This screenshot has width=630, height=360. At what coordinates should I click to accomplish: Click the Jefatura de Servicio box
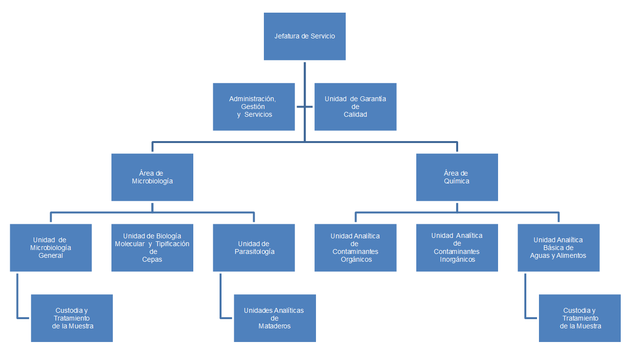[x=304, y=36]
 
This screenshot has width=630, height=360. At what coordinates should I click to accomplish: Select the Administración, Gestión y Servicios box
[x=254, y=107]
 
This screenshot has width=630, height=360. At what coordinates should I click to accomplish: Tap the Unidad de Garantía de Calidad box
[x=355, y=107]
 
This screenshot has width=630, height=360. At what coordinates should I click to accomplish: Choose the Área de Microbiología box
[x=152, y=177]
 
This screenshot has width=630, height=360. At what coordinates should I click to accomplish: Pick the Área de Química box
[x=457, y=177]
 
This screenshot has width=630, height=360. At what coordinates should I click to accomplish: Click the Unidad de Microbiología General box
[x=51, y=248]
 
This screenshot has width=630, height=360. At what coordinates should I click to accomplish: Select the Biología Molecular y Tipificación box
[x=152, y=248]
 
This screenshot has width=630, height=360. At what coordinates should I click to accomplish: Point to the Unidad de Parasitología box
[x=254, y=248]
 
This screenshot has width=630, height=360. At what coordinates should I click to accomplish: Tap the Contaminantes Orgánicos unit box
[x=355, y=248]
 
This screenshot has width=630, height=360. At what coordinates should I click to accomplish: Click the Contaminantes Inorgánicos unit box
[x=457, y=248]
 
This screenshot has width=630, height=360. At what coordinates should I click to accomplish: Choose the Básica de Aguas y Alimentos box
[x=558, y=248]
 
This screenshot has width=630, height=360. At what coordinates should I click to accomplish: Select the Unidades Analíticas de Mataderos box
[x=275, y=318]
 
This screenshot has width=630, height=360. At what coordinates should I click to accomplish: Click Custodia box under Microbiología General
[x=72, y=318]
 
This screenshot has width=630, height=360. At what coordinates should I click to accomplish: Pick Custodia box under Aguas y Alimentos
[x=580, y=318]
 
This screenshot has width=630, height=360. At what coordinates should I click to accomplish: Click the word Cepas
[x=152, y=260]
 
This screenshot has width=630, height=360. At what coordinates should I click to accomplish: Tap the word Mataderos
[x=275, y=326]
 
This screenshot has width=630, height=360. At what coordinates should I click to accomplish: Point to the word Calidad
[x=355, y=115]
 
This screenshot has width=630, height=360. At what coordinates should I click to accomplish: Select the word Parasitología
[x=254, y=252]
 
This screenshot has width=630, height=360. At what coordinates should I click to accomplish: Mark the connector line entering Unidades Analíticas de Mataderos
[x=226, y=318]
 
